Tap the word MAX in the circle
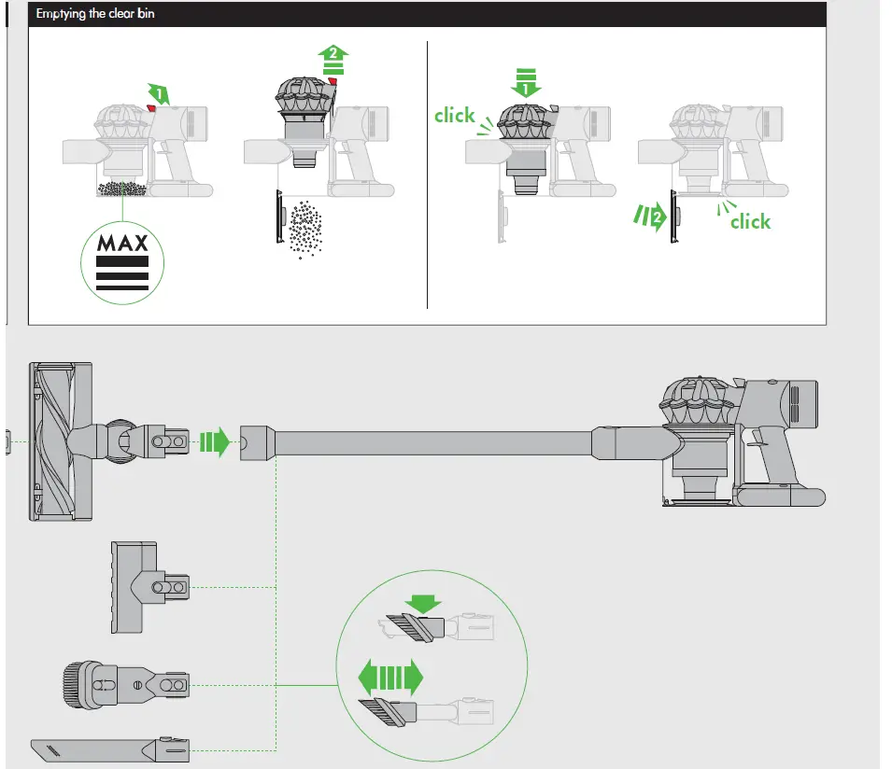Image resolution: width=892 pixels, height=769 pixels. (x=121, y=245)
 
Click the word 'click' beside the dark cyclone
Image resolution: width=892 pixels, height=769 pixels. (x=455, y=115)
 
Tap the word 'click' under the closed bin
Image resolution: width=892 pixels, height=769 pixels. (x=750, y=221)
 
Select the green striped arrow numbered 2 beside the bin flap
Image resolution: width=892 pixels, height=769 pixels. (x=651, y=219)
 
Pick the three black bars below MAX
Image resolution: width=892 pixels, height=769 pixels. (x=121, y=274)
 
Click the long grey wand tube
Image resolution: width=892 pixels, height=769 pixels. (x=434, y=442)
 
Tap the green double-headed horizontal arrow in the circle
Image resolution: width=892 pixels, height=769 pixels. (x=390, y=674)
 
